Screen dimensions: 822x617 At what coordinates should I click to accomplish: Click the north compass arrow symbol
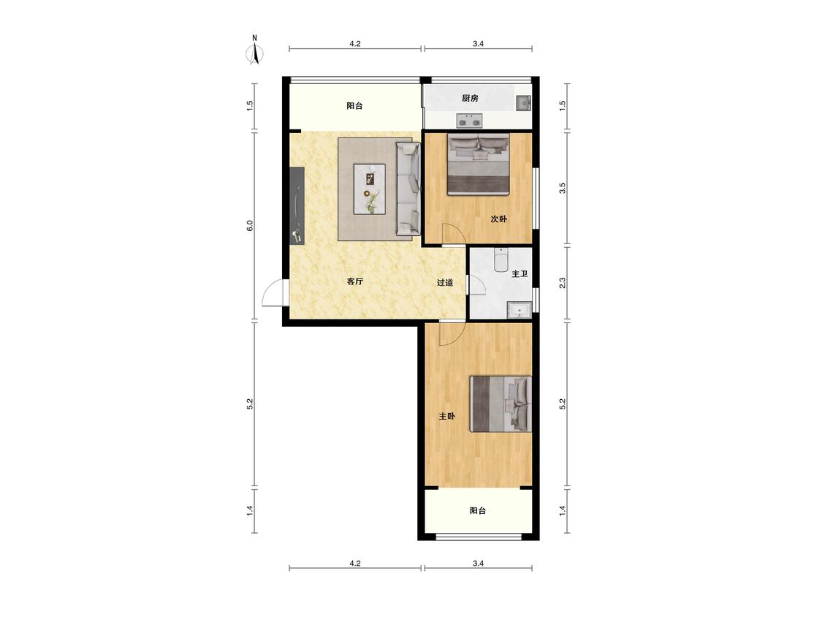pyautogui.click(x=255, y=53)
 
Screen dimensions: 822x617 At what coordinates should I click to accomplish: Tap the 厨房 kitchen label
pyautogui.click(x=470, y=98)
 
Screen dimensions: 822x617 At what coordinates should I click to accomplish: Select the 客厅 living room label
pyautogui.click(x=355, y=281)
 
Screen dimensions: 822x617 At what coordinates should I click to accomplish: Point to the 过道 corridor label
pyautogui.click(x=444, y=282)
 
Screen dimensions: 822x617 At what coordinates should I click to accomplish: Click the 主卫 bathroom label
pyautogui.click(x=519, y=274)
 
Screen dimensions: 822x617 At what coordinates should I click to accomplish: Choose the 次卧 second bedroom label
pyautogui.click(x=498, y=219)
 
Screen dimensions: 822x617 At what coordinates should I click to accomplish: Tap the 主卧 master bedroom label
pyautogui.click(x=446, y=417)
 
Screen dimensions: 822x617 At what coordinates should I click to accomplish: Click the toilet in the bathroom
pyautogui.click(x=501, y=260)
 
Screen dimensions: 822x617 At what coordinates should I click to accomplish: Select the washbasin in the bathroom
pyautogui.click(x=520, y=311)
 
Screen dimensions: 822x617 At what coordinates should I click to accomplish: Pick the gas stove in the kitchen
pyautogui.click(x=469, y=121)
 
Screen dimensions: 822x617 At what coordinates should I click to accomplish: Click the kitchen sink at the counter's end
pyautogui.click(x=523, y=103)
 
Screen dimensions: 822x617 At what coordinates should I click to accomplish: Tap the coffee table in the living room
pyautogui.click(x=370, y=189)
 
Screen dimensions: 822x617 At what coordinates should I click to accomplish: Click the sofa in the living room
pyautogui.click(x=408, y=189)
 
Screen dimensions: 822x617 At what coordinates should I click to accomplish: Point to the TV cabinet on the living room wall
pyautogui.click(x=297, y=205)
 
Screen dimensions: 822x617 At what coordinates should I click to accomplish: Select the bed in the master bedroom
pyautogui.click(x=501, y=404)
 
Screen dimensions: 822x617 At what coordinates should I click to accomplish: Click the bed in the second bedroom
pyautogui.click(x=478, y=164)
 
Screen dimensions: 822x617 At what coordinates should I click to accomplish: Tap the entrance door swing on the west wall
pyautogui.click(x=273, y=293)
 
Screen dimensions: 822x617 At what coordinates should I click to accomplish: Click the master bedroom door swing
pyautogui.click(x=452, y=333)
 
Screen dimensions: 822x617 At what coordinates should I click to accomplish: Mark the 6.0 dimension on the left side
pyautogui.click(x=250, y=226)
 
